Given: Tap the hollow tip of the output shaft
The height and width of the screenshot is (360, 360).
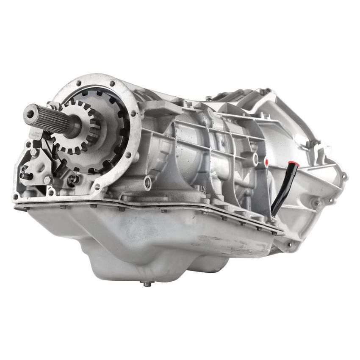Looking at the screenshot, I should click(30, 112).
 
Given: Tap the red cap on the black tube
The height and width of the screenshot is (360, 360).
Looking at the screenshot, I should click(292, 163).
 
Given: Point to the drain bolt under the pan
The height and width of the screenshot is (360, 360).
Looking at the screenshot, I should click(147, 284).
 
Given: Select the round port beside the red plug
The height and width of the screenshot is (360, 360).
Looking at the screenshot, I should click(255, 159).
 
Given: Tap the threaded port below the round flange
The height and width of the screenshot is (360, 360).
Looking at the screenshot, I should click(147, 183).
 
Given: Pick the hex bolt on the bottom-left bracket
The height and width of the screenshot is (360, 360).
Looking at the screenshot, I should click(47, 180).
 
